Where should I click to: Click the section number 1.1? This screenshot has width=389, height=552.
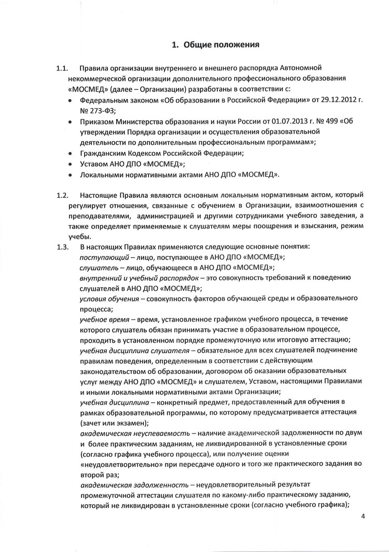(x=62, y=69)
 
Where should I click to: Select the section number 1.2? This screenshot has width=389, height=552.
(x=62, y=196)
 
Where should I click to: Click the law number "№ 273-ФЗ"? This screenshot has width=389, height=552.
(x=99, y=110)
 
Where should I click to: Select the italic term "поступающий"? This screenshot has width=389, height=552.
(x=102, y=258)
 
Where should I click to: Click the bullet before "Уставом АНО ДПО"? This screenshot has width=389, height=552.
(x=70, y=165)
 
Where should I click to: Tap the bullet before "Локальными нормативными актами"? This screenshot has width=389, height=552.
(x=70, y=176)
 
